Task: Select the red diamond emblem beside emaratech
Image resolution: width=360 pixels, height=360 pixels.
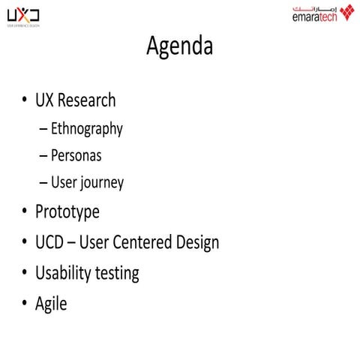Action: pyautogui.click(x=346, y=12)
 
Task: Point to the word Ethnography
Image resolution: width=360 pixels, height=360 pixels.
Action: pyautogui.click(x=86, y=129)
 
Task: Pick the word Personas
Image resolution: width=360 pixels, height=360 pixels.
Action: pyautogui.click(x=76, y=156)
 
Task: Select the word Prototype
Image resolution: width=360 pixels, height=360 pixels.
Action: pyautogui.click(x=67, y=212)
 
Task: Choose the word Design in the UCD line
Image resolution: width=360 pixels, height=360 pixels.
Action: pyautogui.click(x=196, y=243)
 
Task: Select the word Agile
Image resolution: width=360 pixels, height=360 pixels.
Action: pyautogui.click(x=51, y=304)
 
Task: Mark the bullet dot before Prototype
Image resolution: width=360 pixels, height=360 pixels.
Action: pyautogui.click(x=25, y=213)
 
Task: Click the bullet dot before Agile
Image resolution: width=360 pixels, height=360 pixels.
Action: pyautogui.click(x=25, y=304)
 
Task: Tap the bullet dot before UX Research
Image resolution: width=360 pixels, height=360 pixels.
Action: pyautogui.click(x=25, y=100)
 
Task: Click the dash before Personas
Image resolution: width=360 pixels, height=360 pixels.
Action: pyautogui.click(x=44, y=157)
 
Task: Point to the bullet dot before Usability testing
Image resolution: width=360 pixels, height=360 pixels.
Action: pyautogui.click(x=25, y=274)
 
